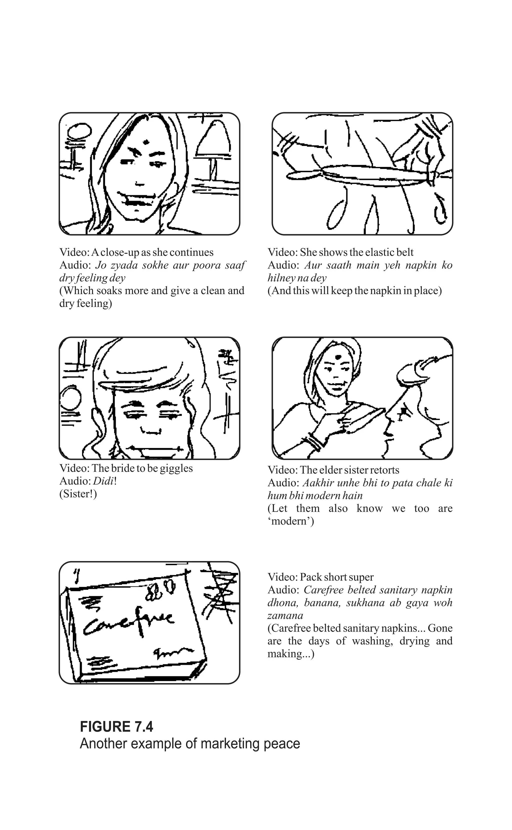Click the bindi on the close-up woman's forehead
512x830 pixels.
(146, 141)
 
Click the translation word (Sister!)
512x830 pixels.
(78, 494)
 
